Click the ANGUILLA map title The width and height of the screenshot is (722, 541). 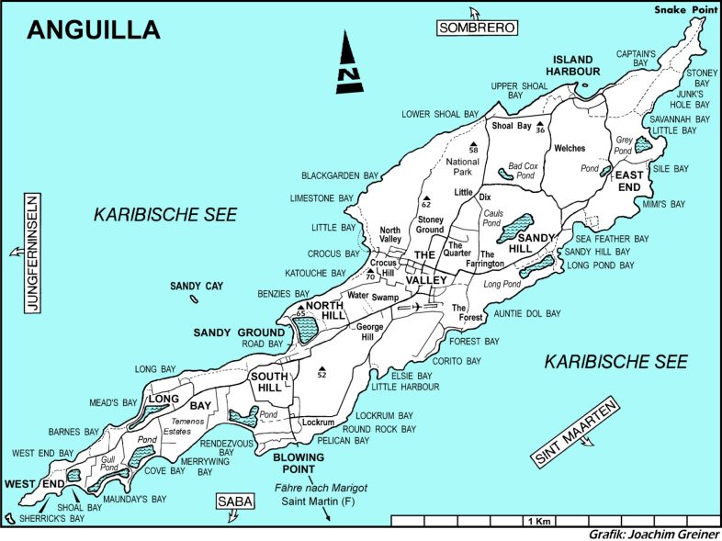pos(93,29)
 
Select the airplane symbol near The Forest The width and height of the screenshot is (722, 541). pos(418,306)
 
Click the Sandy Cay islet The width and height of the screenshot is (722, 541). pos(194,298)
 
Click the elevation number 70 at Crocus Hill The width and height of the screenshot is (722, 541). pos(370,277)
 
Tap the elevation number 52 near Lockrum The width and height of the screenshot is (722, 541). pos(322,375)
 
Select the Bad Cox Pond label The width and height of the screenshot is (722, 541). pos(522,170)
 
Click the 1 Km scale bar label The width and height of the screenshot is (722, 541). pos(538,522)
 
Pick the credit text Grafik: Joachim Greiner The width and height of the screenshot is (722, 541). pos(653,534)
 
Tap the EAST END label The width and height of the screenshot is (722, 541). pos(629,181)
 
